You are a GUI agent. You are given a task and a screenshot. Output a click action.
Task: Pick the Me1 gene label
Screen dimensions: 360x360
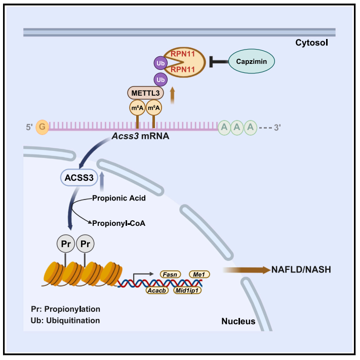pos(198,274)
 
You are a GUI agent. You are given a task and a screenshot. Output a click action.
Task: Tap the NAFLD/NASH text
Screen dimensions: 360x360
pos(301,270)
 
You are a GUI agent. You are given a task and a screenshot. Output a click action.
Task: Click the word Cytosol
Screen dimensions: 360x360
pos(312,43)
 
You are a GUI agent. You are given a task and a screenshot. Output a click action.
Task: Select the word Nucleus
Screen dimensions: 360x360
pos(238,322)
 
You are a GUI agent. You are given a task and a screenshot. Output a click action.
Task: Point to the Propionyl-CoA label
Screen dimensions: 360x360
pos(115,222)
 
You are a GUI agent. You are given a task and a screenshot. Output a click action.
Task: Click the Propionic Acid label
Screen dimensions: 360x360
pos(119,198)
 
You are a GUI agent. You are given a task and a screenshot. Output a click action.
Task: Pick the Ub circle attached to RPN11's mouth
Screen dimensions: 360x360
pos(159,64)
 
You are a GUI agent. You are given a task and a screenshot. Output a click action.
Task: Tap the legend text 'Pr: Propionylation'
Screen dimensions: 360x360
pos(69,309)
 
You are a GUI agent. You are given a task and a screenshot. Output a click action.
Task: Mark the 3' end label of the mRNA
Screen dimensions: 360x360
pos(277,128)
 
